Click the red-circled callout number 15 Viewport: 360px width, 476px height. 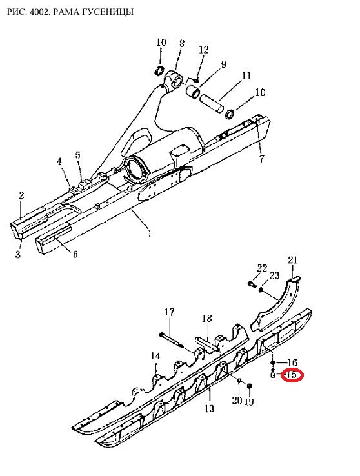click(292, 375)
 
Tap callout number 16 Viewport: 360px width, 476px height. click(292, 362)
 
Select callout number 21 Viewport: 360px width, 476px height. click(292, 260)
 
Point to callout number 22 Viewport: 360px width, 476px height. click(262, 268)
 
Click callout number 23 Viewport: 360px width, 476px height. click(274, 275)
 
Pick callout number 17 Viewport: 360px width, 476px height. click(170, 312)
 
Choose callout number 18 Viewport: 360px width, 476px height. click(206, 318)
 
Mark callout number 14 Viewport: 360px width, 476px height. click(155, 356)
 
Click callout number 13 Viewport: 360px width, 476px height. click(210, 408)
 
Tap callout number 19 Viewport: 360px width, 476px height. click(248, 402)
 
